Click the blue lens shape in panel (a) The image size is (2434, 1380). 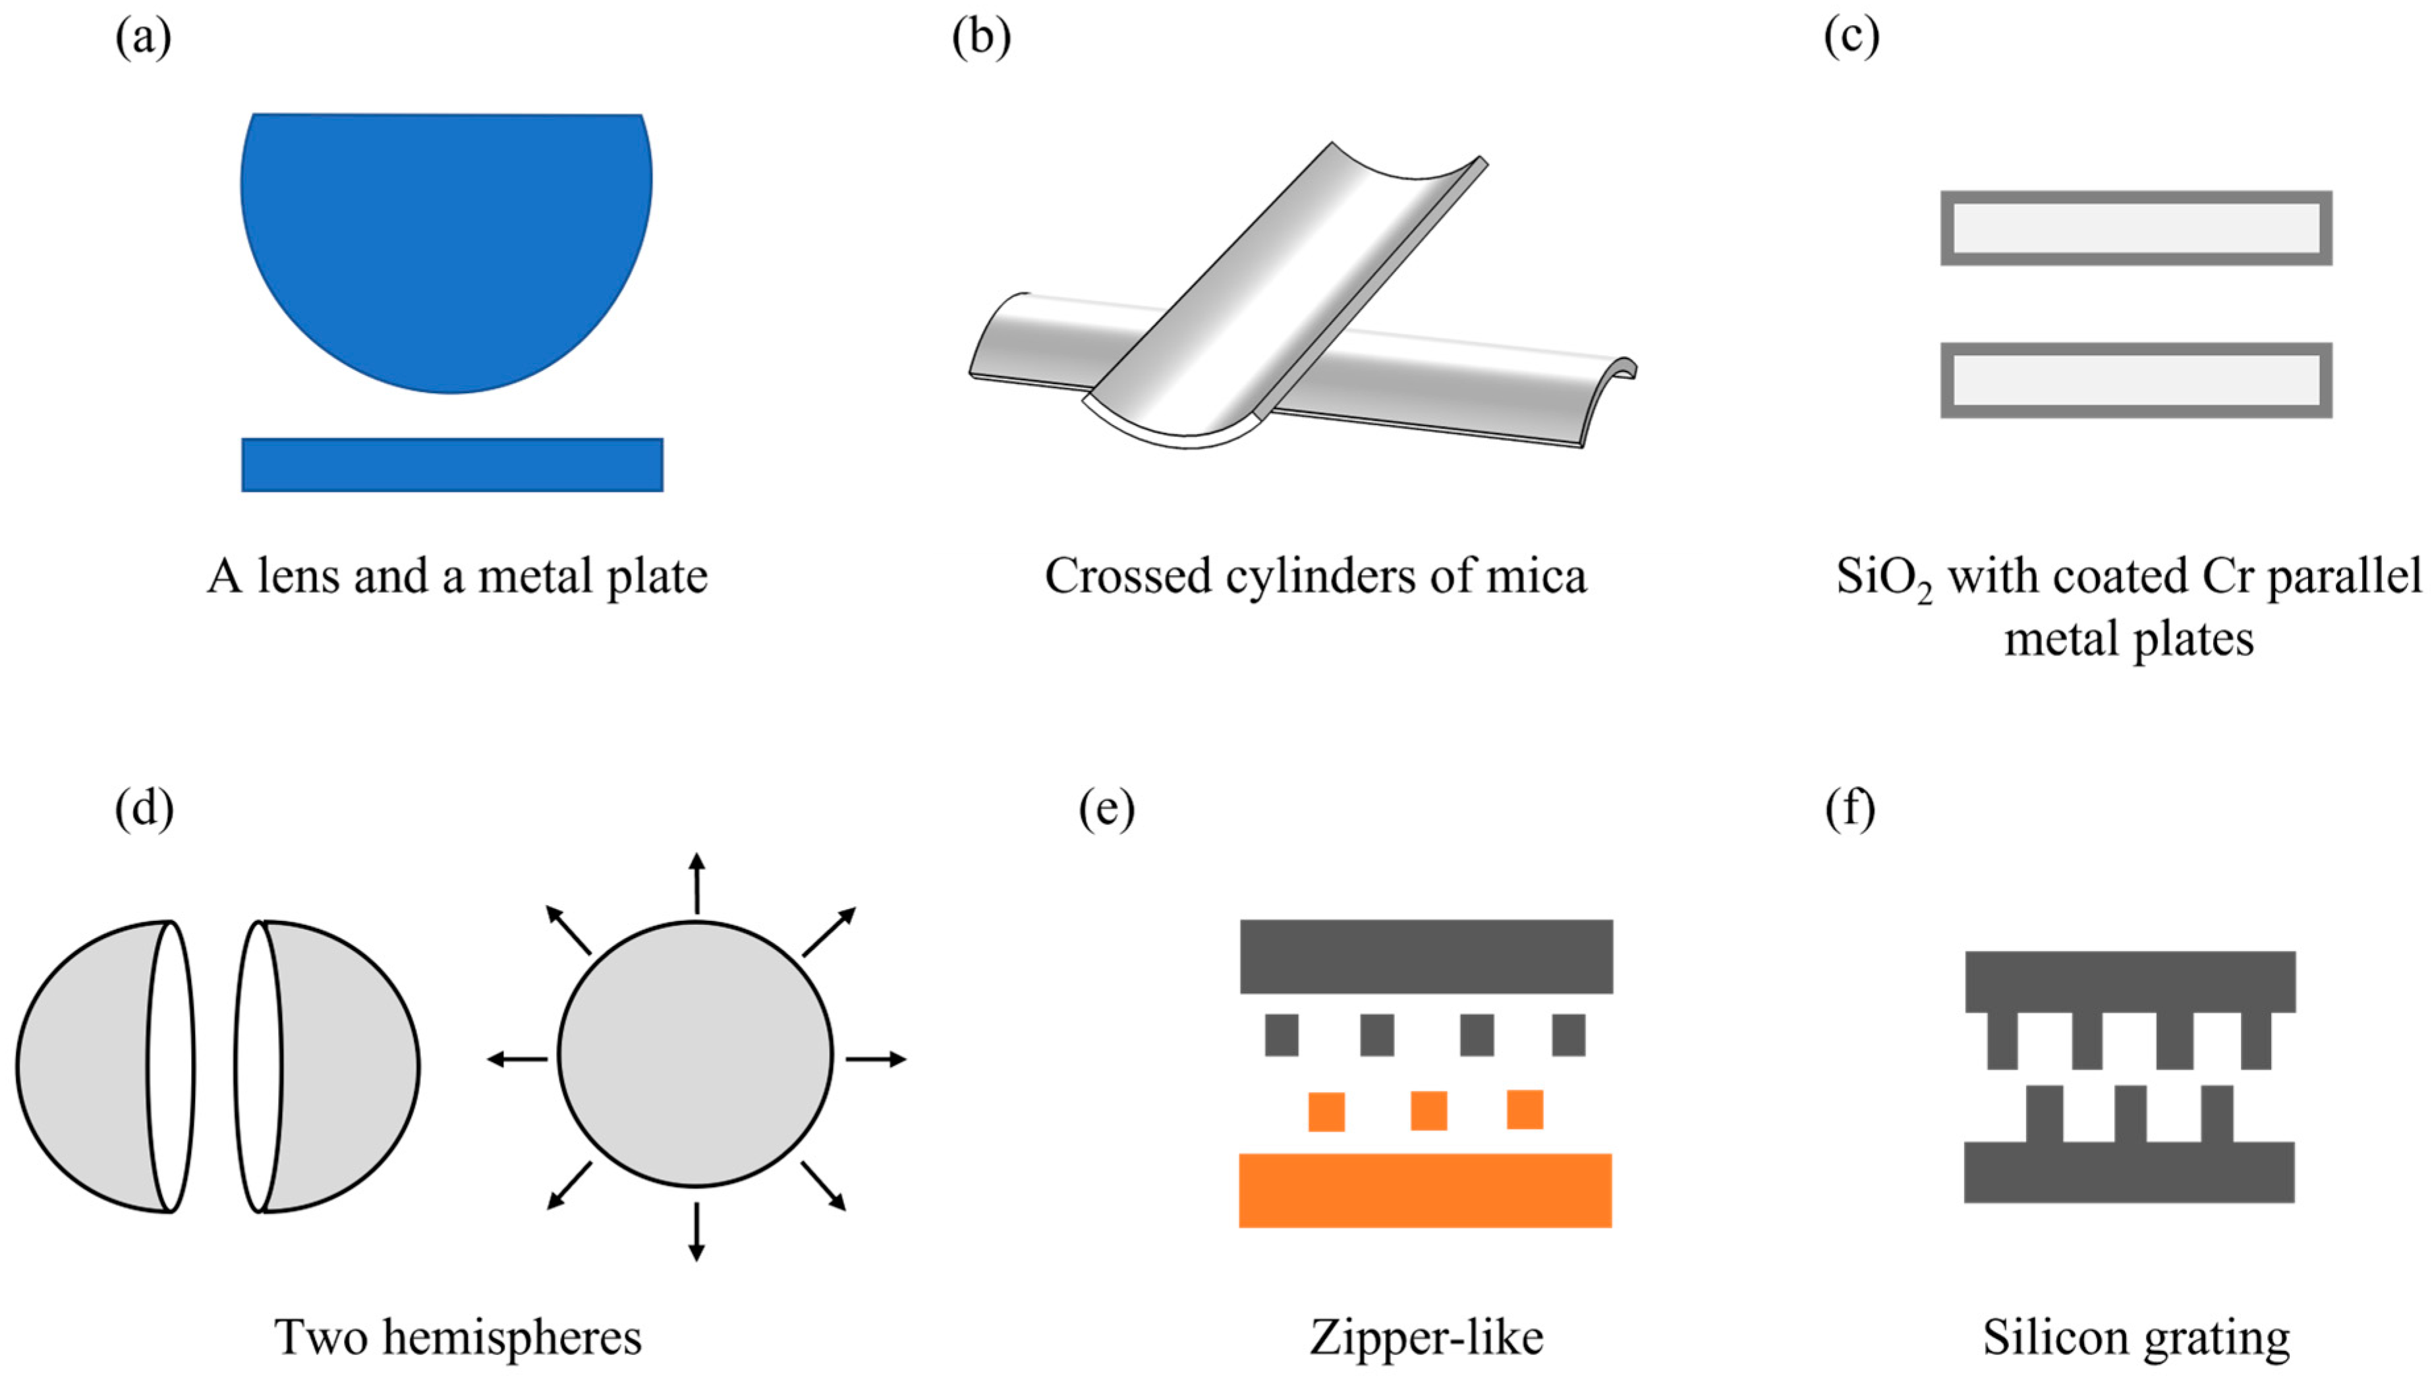[445, 237]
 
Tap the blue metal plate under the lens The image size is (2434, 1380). [452, 464]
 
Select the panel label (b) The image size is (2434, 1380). [981, 38]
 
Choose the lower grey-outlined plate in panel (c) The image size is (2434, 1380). [2136, 380]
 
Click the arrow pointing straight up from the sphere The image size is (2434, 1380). [696, 881]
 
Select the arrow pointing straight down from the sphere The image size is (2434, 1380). [696, 1232]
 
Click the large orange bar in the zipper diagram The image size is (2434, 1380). [1425, 1190]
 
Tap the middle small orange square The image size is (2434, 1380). [1429, 1111]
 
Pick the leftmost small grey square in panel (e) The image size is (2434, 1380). [1282, 1035]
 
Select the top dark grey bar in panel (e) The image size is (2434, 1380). [1425, 956]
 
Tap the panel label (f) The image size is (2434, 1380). [1850, 810]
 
